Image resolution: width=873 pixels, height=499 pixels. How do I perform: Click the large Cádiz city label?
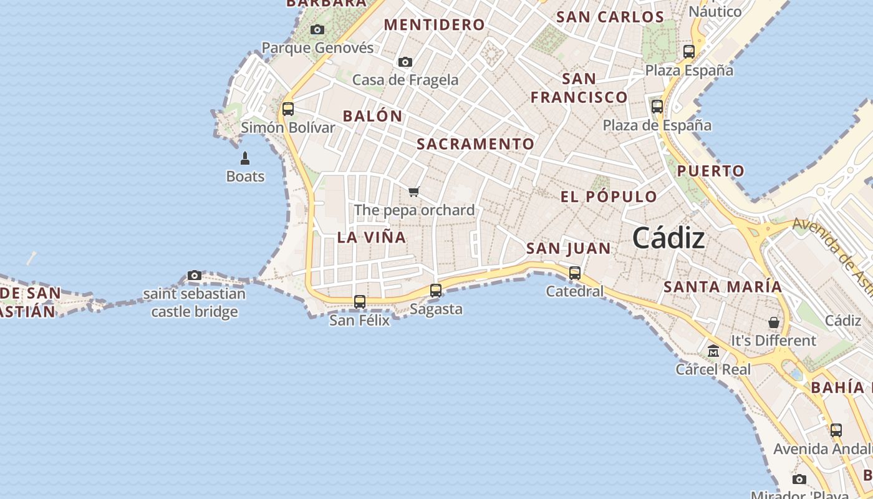coord(668,238)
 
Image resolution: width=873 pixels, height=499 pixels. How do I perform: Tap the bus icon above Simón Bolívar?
coord(287,109)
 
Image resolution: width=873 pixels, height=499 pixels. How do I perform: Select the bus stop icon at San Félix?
coord(360,302)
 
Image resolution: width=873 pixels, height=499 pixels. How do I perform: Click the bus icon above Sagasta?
coord(436,291)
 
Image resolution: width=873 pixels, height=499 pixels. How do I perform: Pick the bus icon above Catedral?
coord(575,273)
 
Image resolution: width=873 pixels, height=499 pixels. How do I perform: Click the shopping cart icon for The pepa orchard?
coord(414,191)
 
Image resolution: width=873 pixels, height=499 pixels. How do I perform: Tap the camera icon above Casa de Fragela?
coord(405,62)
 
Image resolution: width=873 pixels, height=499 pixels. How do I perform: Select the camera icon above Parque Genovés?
coord(317,29)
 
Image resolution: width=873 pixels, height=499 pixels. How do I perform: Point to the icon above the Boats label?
coord(245,158)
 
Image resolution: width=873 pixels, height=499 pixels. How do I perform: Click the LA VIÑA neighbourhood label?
coord(372,237)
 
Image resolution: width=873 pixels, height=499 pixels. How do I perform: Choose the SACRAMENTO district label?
coord(475,144)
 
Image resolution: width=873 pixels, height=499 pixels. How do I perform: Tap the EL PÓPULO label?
coord(609,197)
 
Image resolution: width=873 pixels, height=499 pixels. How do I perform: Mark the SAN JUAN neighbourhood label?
coord(569,248)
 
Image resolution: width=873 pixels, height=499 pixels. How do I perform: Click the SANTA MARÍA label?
coord(723,287)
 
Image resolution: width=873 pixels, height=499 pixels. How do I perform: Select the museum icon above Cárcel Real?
coord(713,351)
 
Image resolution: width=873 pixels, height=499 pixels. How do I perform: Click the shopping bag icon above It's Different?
coord(773,322)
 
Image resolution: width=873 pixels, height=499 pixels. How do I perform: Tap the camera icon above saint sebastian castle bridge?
coord(195,276)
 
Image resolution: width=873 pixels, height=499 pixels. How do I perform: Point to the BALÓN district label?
coord(373,116)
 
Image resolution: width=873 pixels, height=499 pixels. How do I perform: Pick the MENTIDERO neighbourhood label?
coord(434,25)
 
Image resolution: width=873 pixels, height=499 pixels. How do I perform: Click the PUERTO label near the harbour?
coord(711,171)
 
